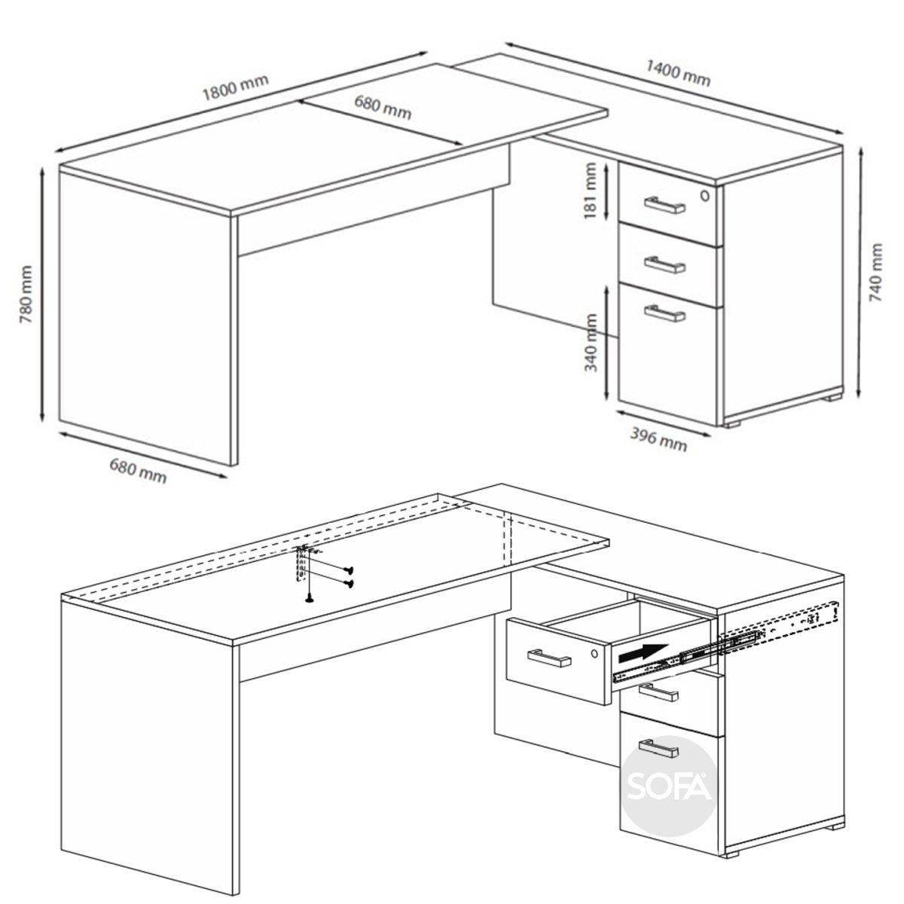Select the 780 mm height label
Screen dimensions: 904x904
point(26,294)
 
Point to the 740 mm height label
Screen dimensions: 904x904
point(876,272)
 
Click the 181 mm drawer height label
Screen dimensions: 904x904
point(590,191)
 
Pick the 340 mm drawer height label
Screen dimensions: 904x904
point(591,343)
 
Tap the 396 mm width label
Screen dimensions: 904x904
point(658,439)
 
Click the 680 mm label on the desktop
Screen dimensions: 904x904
point(383,108)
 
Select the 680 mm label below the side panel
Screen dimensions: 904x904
point(138,471)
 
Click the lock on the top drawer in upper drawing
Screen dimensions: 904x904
point(705,196)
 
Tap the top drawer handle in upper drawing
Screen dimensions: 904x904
point(664,205)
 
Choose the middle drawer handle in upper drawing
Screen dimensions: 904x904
point(664,264)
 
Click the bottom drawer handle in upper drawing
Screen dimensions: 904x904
point(664,313)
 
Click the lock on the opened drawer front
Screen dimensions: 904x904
point(595,652)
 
